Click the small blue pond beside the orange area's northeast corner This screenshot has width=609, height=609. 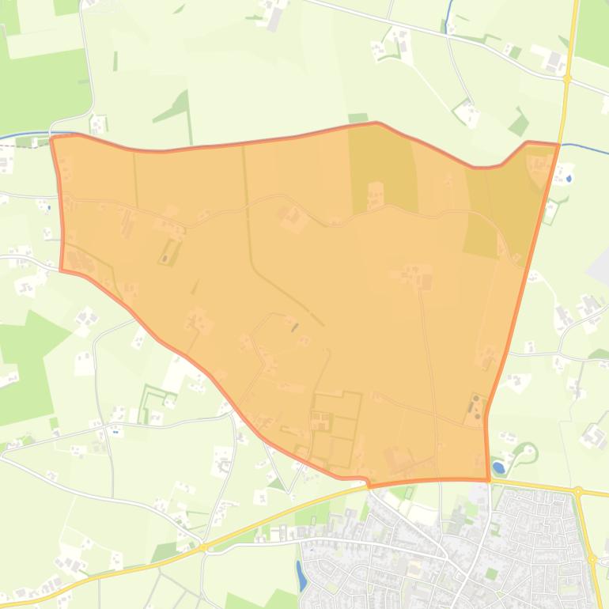tap(569, 157)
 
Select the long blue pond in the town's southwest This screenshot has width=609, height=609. tap(301, 574)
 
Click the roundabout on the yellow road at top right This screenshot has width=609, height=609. tap(567, 78)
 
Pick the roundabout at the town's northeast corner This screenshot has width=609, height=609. tap(579, 492)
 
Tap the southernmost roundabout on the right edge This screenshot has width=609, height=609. tap(592, 559)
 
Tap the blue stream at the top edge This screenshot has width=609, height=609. tap(448, 12)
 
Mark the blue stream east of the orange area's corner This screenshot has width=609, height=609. tap(585, 148)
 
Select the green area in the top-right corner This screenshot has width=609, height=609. tap(592, 32)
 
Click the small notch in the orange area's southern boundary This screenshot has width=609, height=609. tap(367, 482)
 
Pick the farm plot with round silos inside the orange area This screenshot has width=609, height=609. tap(475, 408)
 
